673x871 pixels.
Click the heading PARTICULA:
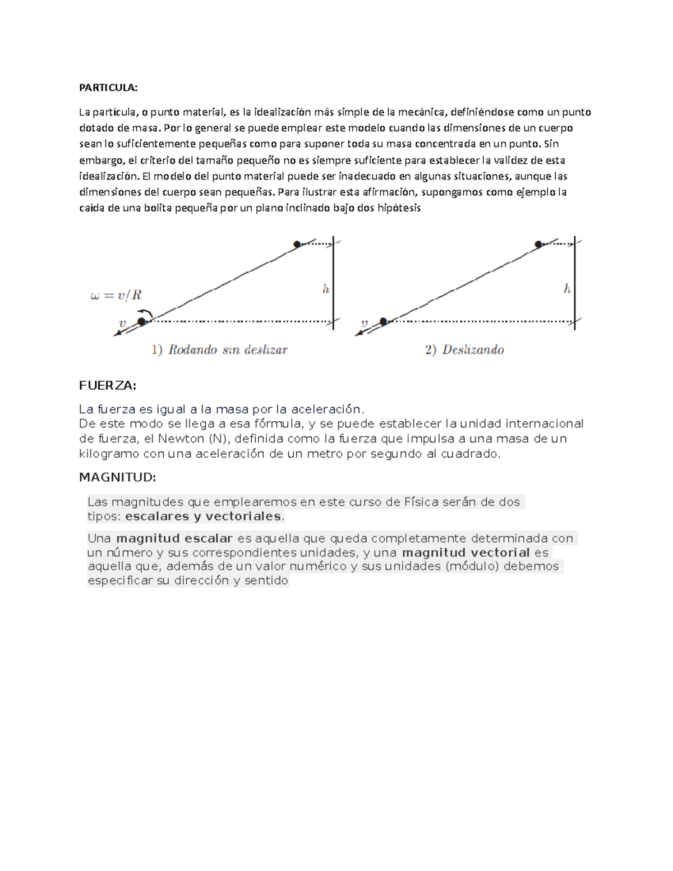(x=108, y=87)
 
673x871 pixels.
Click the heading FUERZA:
(x=108, y=386)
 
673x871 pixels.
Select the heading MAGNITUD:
(x=117, y=477)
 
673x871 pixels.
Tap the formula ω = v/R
(x=116, y=295)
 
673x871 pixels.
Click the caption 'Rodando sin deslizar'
(x=228, y=350)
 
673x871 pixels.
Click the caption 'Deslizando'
(x=473, y=350)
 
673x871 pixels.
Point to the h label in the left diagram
(x=325, y=289)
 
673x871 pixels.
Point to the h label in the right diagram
(x=567, y=289)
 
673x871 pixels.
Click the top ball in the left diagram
(x=297, y=244)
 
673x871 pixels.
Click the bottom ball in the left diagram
(x=141, y=321)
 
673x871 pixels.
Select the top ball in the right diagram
(x=538, y=244)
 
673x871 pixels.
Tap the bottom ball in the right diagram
(x=384, y=321)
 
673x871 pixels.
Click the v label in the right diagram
(x=365, y=324)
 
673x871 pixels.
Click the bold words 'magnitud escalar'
(x=174, y=538)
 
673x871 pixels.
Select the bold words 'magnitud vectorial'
(x=466, y=552)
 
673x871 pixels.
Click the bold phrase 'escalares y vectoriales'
(x=203, y=516)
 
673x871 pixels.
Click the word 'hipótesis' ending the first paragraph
(x=399, y=208)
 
